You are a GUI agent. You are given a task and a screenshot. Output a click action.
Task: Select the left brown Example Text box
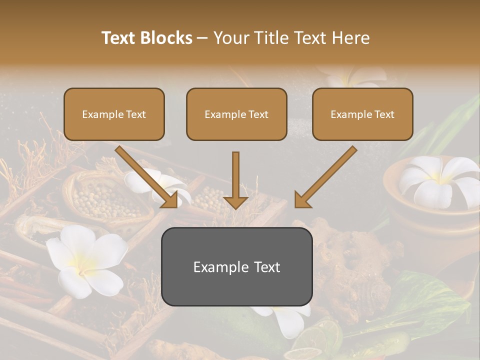point(114,114)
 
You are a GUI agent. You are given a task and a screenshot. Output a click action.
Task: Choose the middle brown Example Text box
point(236,114)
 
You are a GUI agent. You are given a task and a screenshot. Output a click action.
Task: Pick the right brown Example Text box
point(362,114)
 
